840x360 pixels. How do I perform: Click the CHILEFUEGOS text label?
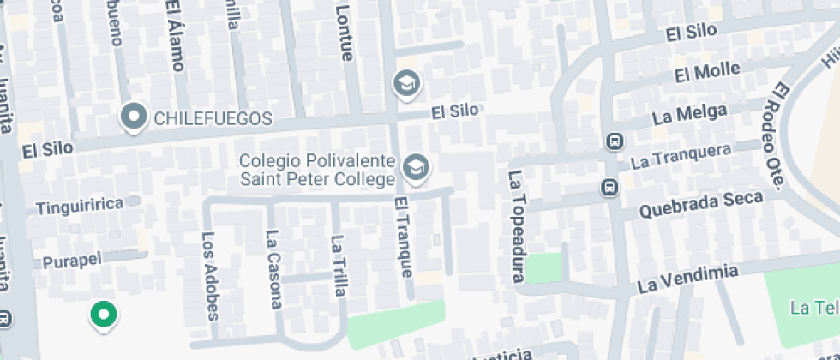pos(212,118)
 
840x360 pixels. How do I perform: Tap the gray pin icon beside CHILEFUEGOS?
pos(133,117)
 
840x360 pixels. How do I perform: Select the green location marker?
pos(104,315)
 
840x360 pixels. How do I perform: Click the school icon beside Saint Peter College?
pos(417,168)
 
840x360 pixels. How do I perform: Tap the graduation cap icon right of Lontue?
pos(405,83)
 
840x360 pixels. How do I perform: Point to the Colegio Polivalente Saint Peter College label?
pos(316,170)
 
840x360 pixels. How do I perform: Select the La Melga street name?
pos(689,113)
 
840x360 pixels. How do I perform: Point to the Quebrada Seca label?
pos(701,204)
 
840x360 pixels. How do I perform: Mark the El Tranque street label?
pos(403,237)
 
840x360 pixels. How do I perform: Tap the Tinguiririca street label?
pos(81,206)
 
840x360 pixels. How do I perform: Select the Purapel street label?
pos(72,260)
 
